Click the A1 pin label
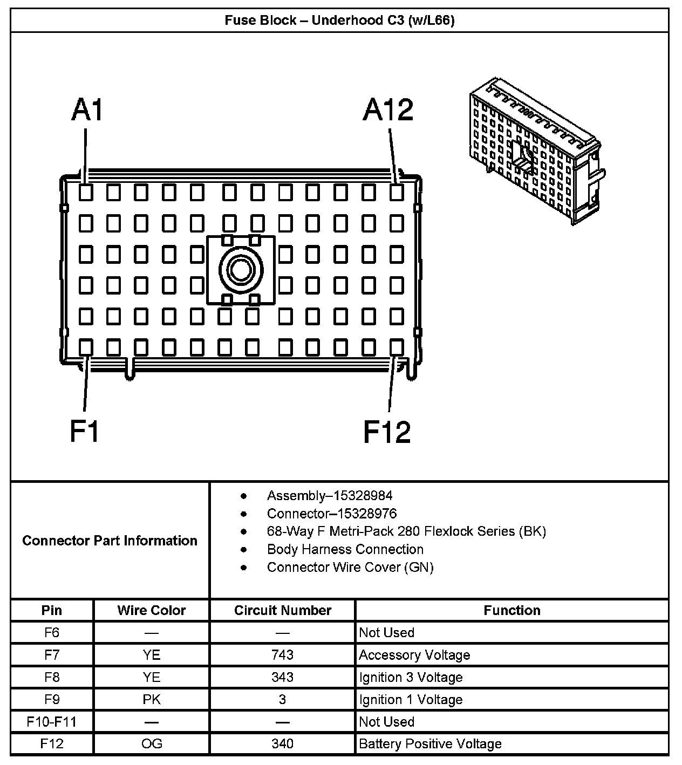87,111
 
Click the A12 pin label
388,111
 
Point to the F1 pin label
85,432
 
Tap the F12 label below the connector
387,432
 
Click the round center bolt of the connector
241,269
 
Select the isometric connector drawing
535,151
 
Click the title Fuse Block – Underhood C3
339,21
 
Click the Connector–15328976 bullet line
331,513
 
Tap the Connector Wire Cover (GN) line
350,567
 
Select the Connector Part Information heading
110,541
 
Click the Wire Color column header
151,610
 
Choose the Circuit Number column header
282,610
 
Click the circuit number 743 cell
282,655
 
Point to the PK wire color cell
151,700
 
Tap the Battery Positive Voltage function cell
430,744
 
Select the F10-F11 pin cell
52,722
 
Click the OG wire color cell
151,744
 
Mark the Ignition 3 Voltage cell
411,677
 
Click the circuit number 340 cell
282,744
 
